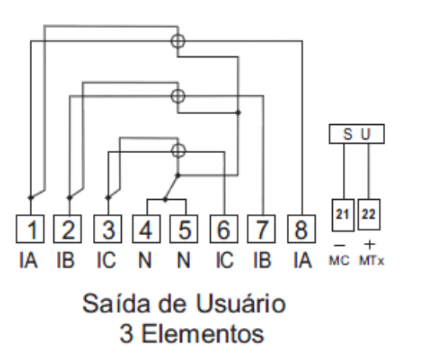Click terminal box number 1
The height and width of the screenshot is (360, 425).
point(30,229)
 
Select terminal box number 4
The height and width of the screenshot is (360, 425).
point(146,229)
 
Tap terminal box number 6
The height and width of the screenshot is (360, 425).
point(224,229)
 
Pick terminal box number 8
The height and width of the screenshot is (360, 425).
point(302,229)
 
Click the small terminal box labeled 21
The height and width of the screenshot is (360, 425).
point(343,215)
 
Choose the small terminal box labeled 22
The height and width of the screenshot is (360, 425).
point(369,215)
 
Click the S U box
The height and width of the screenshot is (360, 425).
point(357,134)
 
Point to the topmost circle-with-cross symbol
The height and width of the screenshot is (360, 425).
point(178,41)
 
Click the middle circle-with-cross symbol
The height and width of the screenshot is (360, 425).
point(178,96)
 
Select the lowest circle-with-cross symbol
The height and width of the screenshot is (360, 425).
point(179,151)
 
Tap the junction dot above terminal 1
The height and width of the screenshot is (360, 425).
point(30,198)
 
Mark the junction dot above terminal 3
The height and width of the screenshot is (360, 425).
point(108,198)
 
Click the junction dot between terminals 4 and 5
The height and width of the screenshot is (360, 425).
point(166,200)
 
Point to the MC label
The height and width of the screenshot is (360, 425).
point(339,261)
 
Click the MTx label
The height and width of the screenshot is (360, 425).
point(372,261)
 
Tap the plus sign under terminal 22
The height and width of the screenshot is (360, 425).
point(370,244)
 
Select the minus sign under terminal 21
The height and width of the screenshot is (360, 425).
point(340,245)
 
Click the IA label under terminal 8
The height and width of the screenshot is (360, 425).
point(302,260)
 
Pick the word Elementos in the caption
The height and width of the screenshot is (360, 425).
point(203,333)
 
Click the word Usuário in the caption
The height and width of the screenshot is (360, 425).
point(241,303)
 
